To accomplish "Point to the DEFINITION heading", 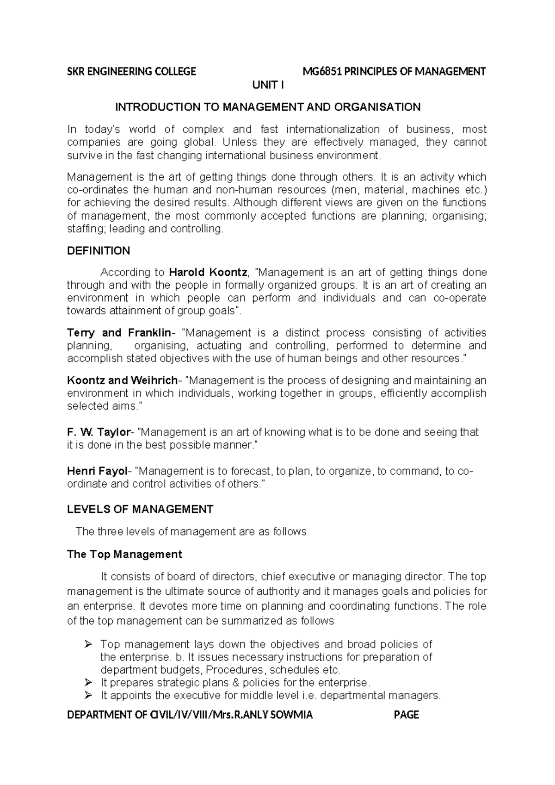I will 99,251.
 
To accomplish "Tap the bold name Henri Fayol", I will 97,471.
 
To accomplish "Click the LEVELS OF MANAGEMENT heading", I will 140,510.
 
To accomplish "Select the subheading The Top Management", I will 124,554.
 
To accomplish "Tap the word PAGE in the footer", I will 406,715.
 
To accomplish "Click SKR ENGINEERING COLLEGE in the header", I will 132,72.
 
